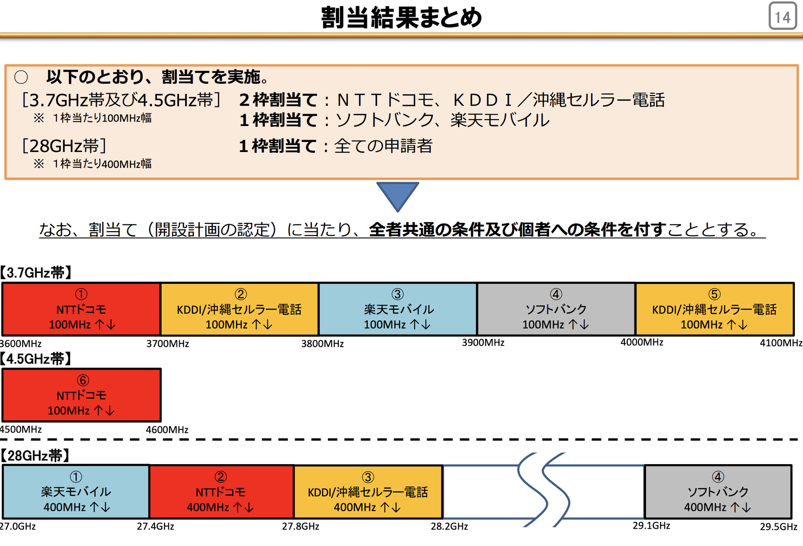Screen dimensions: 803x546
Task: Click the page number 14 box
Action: click(x=783, y=16)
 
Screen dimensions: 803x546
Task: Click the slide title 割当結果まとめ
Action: click(x=401, y=17)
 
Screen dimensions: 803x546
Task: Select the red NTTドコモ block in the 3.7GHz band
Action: click(x=81, y=309)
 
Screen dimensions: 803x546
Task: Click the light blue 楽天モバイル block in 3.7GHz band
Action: click(x=398, y=309)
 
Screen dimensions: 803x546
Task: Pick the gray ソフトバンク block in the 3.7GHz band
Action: click(x=556, y=309)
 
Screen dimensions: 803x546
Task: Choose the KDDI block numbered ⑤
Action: click(x=714, y=309)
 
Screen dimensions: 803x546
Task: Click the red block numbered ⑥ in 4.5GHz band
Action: click(x=81, y=395)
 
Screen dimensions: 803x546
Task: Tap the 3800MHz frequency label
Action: click(x=322, y=344)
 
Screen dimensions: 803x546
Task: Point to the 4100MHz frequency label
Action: click(x=781, y=343)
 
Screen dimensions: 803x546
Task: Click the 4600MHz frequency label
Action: click(x=167, y=430)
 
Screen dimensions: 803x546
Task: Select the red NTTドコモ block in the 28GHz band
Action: click(x=221, y=492)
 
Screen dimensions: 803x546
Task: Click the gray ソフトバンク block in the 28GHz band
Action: click(x=718, y=492)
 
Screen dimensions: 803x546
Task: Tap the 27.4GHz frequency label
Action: click(x=156, y=526)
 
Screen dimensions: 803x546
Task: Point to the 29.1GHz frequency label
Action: click(x=651, y=526)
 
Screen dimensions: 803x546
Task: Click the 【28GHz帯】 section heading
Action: click(x=35, y=455)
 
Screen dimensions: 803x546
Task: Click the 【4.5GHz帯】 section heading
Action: click(x=36, y=359)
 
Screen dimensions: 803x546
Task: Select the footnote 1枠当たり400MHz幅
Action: click(x=102, y=164)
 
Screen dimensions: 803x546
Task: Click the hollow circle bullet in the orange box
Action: click(x=21, y=77)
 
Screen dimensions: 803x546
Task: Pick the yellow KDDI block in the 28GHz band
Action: click(x=368, y=492)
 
